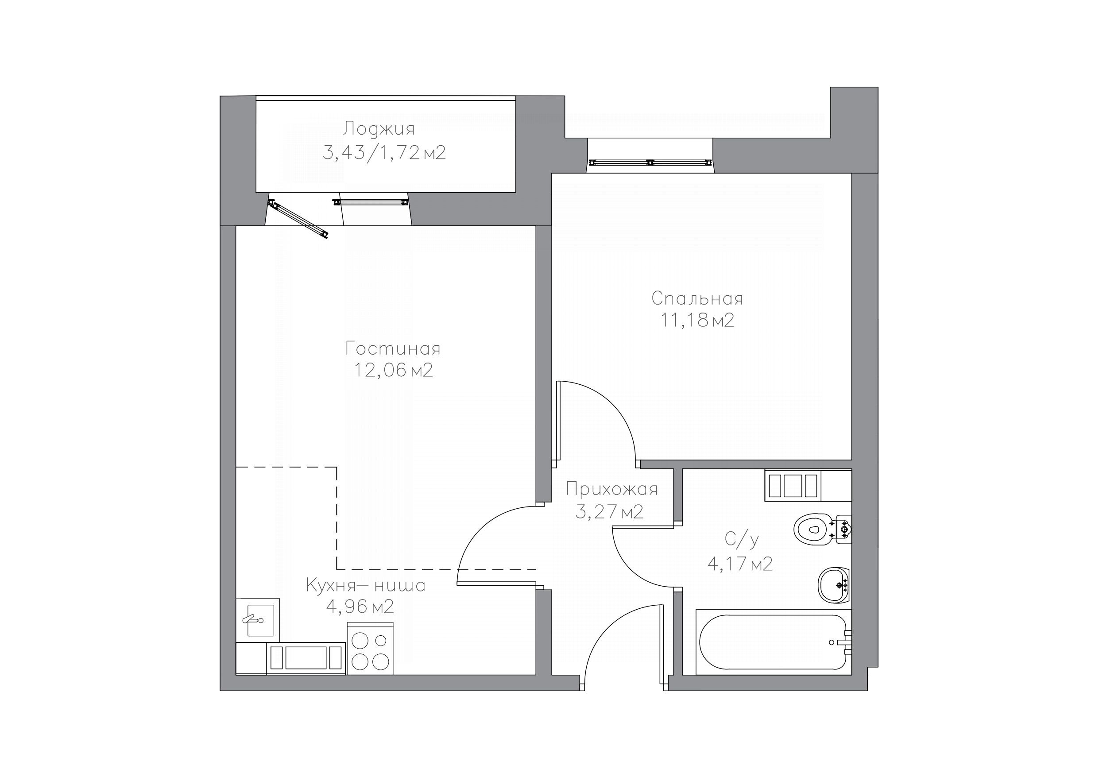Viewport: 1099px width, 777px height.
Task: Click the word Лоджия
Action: [379, 129]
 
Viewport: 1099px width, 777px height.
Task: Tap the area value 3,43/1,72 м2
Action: [384, 153]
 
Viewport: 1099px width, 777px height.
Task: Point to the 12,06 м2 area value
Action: [394, 370]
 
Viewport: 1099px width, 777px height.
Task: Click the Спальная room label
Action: [697, 299]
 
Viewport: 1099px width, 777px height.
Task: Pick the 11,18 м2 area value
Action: [697, 320]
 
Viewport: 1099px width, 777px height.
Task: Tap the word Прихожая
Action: [612, 490]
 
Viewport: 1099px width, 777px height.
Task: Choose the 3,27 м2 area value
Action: [609, 512]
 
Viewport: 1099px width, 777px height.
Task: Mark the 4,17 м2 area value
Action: [740, 564]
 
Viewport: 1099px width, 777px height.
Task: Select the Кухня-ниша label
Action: [366, 585]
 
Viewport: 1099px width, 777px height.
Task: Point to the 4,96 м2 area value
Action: [360, 607]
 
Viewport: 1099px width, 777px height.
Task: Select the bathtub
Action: [774, 642]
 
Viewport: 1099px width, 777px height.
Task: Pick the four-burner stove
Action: [370, 649]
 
